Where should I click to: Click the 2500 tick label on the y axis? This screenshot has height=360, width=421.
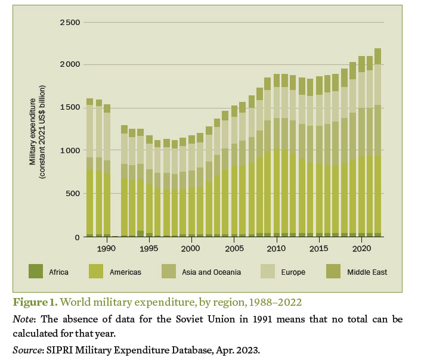[71, 23]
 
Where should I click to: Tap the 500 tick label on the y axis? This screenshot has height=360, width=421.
[73, 194]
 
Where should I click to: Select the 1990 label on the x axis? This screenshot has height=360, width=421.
[106, 247]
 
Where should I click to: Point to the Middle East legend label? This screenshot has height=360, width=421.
[368, 272]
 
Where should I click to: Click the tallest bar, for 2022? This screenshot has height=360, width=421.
[377, 143]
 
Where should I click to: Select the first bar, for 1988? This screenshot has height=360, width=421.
[89, 167]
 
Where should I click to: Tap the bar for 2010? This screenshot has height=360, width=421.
[276, 156]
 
